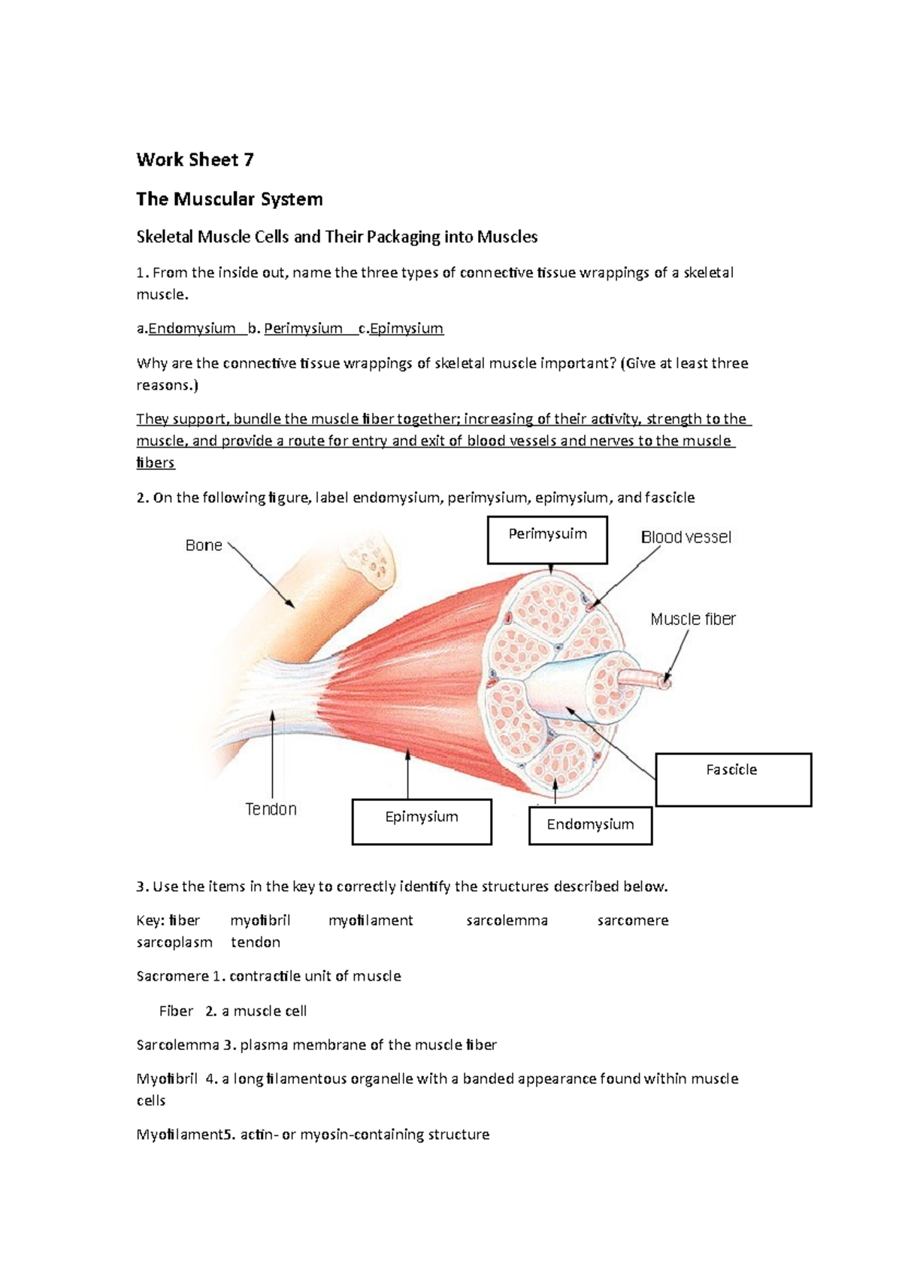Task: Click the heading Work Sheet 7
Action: point(195,159)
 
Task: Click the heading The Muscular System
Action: point(229,199)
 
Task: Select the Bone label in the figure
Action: point(204,545)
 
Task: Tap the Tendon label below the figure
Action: point(271,809)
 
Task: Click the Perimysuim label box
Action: point(547,539)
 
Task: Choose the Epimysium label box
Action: point(422,821)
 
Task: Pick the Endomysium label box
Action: point(590,824)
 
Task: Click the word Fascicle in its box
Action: point(731,769)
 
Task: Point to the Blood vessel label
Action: point(686,537)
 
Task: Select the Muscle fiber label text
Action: point(692,619)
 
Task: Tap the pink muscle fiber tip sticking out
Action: point(664,683)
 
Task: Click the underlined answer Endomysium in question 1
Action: point(192,329)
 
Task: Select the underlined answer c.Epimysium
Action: point(401,329)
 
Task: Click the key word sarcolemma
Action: point(507,921)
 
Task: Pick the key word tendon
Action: point(256,942)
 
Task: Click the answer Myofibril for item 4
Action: point(167,1078)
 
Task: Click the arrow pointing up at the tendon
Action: point(272,745)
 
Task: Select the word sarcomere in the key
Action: point(632,921)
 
